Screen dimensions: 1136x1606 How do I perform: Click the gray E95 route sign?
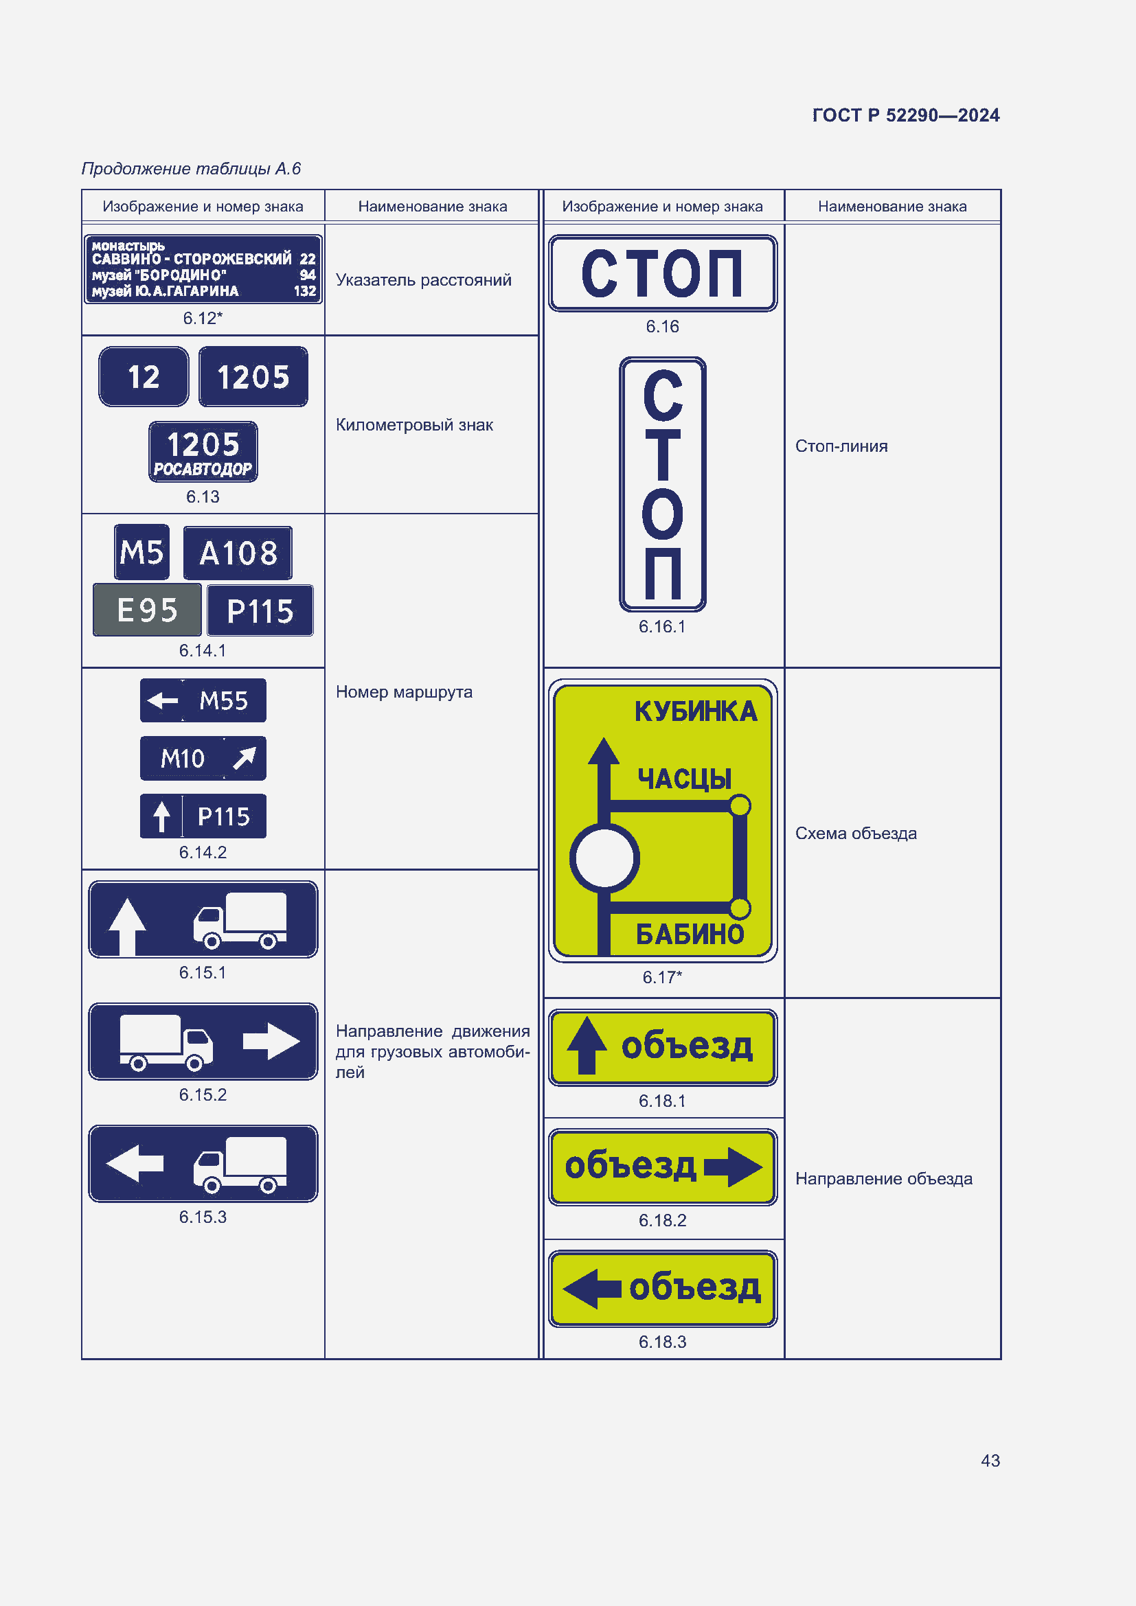coord(147,610)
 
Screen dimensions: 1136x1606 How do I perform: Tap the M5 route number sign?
coord(142,553)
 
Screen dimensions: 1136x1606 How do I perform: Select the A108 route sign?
coord(238,553)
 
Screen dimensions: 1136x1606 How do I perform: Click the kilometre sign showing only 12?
coord(144,377)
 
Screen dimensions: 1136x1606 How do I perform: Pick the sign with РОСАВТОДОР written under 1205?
coord(203,452)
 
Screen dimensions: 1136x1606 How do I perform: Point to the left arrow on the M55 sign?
coord(163,700)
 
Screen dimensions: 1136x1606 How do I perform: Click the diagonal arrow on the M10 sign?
coord(244,757)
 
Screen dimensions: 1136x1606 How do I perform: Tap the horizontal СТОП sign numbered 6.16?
coord(662,273)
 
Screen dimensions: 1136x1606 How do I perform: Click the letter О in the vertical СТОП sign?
coord(662,514)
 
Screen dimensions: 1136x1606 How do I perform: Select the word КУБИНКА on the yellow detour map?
coord(696,711)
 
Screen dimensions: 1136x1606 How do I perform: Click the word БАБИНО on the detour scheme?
coord(690,934)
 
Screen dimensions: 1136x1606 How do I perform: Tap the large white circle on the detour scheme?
coord(604,858)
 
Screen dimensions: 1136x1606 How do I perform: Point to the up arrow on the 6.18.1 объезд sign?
coord(587,1045)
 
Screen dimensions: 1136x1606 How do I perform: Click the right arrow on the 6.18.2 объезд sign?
coord(733,1167)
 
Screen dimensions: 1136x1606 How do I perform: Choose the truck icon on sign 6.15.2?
coord(166,1042)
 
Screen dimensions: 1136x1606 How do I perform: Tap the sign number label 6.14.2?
coord(203,852)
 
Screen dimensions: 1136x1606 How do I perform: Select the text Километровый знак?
coord(414,425)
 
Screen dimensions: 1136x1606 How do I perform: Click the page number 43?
coord(990,1460)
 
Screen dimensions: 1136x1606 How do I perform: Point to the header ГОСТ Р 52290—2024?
coord(906,115)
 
